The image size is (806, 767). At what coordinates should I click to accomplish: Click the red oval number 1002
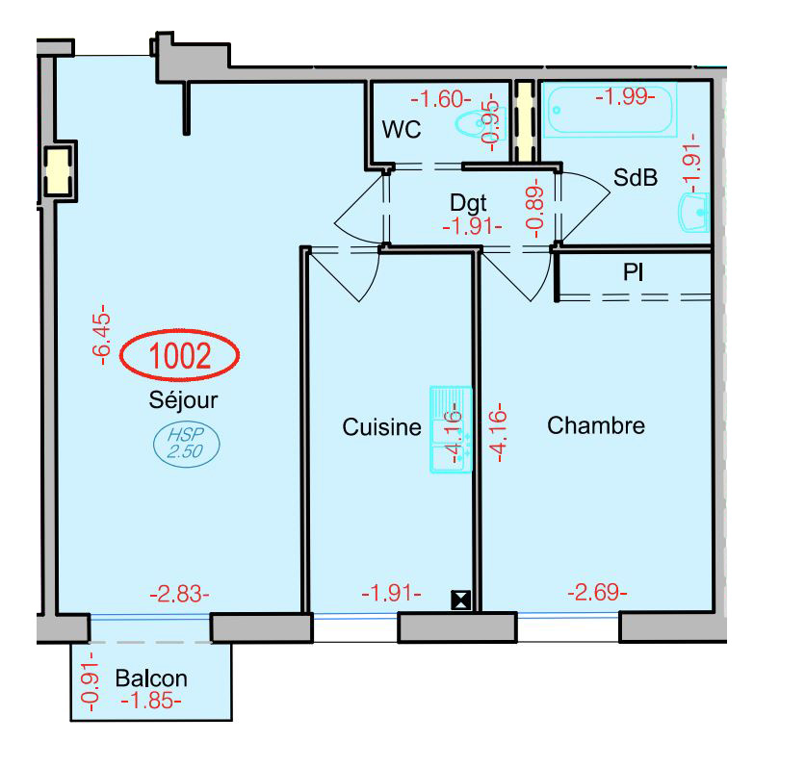click(x=179, y=355)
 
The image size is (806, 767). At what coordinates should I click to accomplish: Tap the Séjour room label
click(x=184, y=400)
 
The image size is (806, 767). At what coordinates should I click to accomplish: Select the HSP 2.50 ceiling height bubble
click(x=187, y=444)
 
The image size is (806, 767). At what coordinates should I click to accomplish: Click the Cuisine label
click(x=381, y=427)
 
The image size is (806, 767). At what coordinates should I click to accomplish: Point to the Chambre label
click(x=596, y=425)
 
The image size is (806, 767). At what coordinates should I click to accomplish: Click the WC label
click(x=401, y=130)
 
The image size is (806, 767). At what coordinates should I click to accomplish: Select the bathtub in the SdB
click(x=611, y=110)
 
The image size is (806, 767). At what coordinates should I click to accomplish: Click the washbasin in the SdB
click(x=694, y=212)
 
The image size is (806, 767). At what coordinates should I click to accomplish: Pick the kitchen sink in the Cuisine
click(x=451, y=429)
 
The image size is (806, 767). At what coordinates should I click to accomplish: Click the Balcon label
click(x=151, y=678)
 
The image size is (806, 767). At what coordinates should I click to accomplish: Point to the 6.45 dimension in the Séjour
click(x=101, y=335)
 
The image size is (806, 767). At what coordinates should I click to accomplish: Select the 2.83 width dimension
click(x=179, y=595)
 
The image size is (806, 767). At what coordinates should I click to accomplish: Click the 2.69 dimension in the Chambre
click(x=597, y=592)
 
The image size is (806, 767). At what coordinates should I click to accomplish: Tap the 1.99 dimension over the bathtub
click(x=625, y=96)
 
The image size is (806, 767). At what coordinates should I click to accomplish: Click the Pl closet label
click(x=633, y=271)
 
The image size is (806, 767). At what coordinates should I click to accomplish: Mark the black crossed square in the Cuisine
click(x=460, y=601)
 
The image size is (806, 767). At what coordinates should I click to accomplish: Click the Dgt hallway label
click(x=468, y=203)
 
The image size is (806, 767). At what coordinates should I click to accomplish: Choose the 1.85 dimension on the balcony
click(x=151, y=701)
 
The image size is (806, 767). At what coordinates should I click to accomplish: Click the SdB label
click(x=636, y=177)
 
